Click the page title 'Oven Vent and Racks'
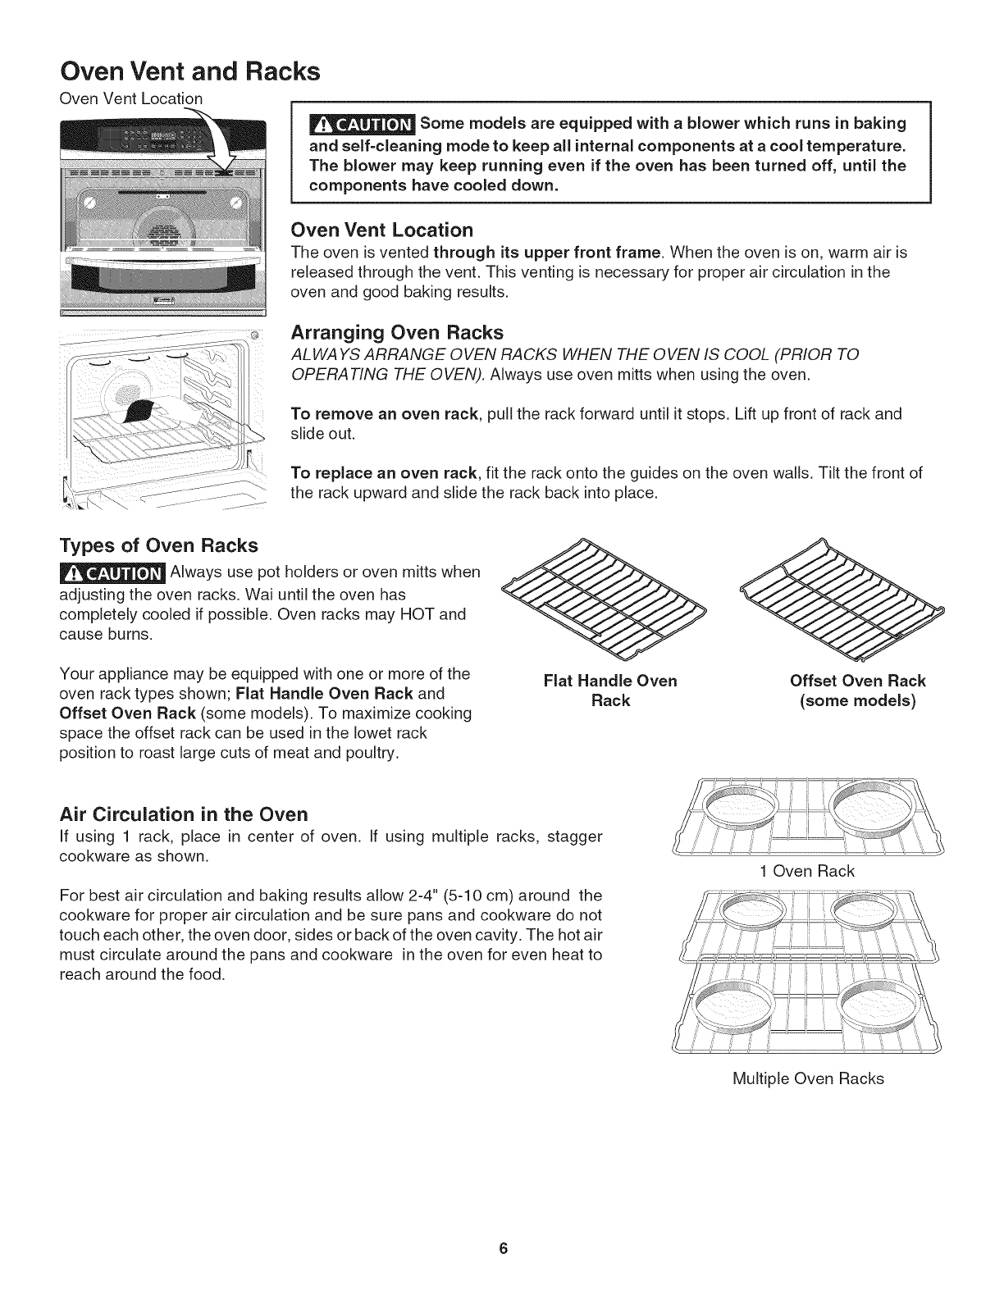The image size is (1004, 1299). [x=189, y=71]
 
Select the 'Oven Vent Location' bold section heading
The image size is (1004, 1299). [x=383, y=229]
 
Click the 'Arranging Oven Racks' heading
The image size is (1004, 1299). [x=397, y=332]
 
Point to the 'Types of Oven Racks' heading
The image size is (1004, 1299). [x=159, y=545]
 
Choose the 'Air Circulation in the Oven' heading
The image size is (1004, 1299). [x=185, y=814]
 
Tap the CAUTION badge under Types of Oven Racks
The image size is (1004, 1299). [x=112, y=572]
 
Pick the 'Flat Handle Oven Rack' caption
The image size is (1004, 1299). [x=610, y=691]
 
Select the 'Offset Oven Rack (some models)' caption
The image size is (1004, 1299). [x=857, y=691]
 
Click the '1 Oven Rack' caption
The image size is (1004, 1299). [x=807, y=871]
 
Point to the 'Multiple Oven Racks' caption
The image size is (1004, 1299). [x=807, y=1078]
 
